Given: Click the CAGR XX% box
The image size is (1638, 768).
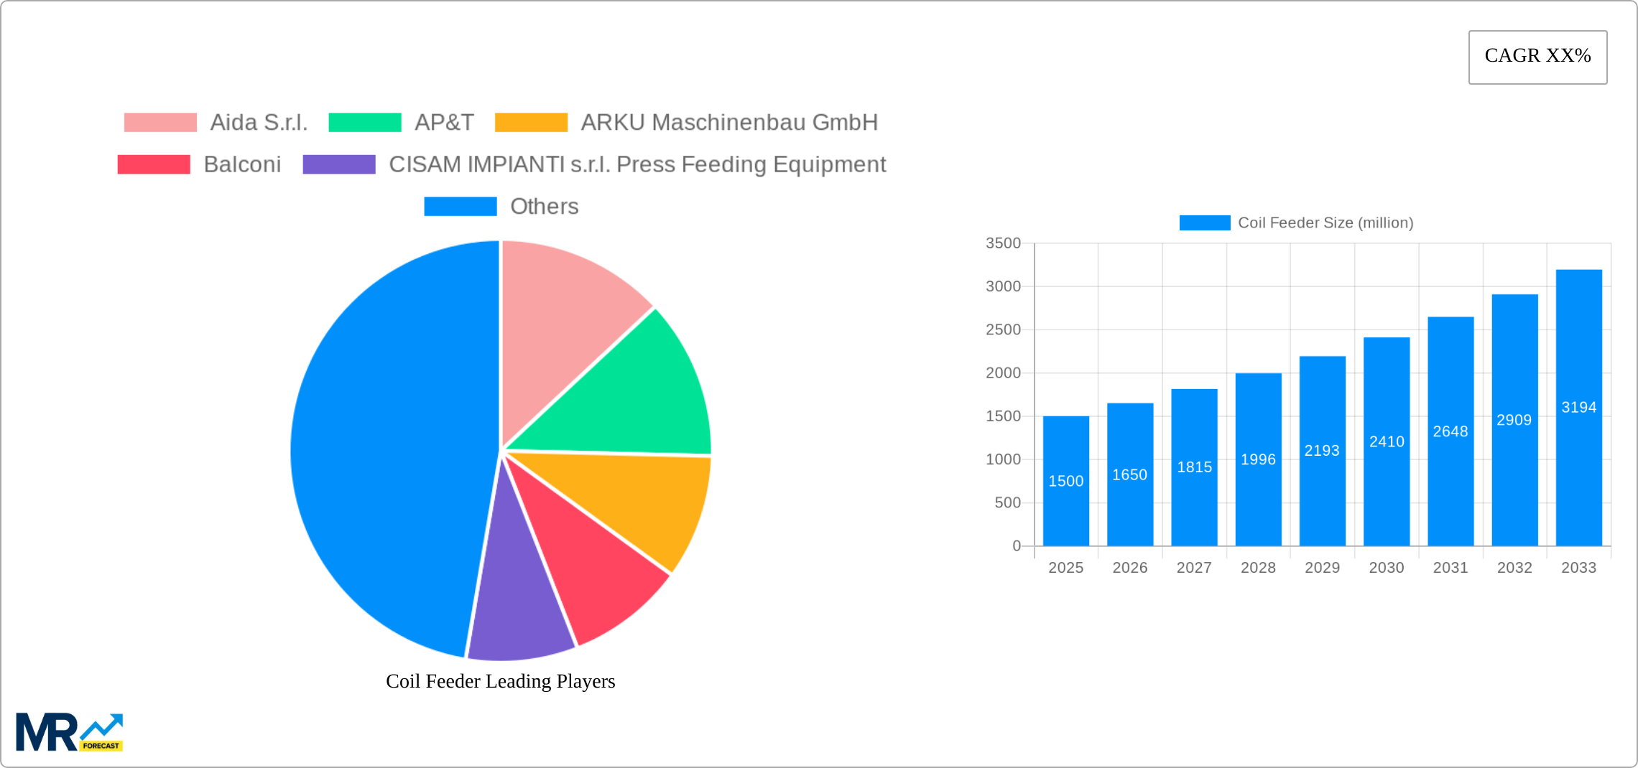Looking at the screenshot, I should point(1537,57).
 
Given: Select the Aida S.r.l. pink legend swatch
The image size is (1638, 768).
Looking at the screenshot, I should point(160,123).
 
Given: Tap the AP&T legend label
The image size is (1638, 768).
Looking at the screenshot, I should point(444,123).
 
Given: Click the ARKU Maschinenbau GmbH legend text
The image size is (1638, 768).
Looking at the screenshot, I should point(728,123).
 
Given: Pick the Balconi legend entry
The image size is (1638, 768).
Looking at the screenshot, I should point(242,164).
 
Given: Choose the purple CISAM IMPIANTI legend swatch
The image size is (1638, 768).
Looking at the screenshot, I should point(339,164).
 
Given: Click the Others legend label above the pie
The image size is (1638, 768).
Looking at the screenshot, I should point(544,207).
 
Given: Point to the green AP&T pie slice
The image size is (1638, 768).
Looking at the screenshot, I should point(632,395).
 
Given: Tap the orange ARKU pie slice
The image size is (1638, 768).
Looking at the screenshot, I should point(639,502).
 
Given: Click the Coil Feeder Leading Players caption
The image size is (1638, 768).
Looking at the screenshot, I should point(500,681).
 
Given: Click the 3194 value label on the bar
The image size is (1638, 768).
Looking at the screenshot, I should point(1578,408).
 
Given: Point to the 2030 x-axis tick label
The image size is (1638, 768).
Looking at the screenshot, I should point(1386,568).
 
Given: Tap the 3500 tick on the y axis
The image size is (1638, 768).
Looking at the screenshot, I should point(1003,243).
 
